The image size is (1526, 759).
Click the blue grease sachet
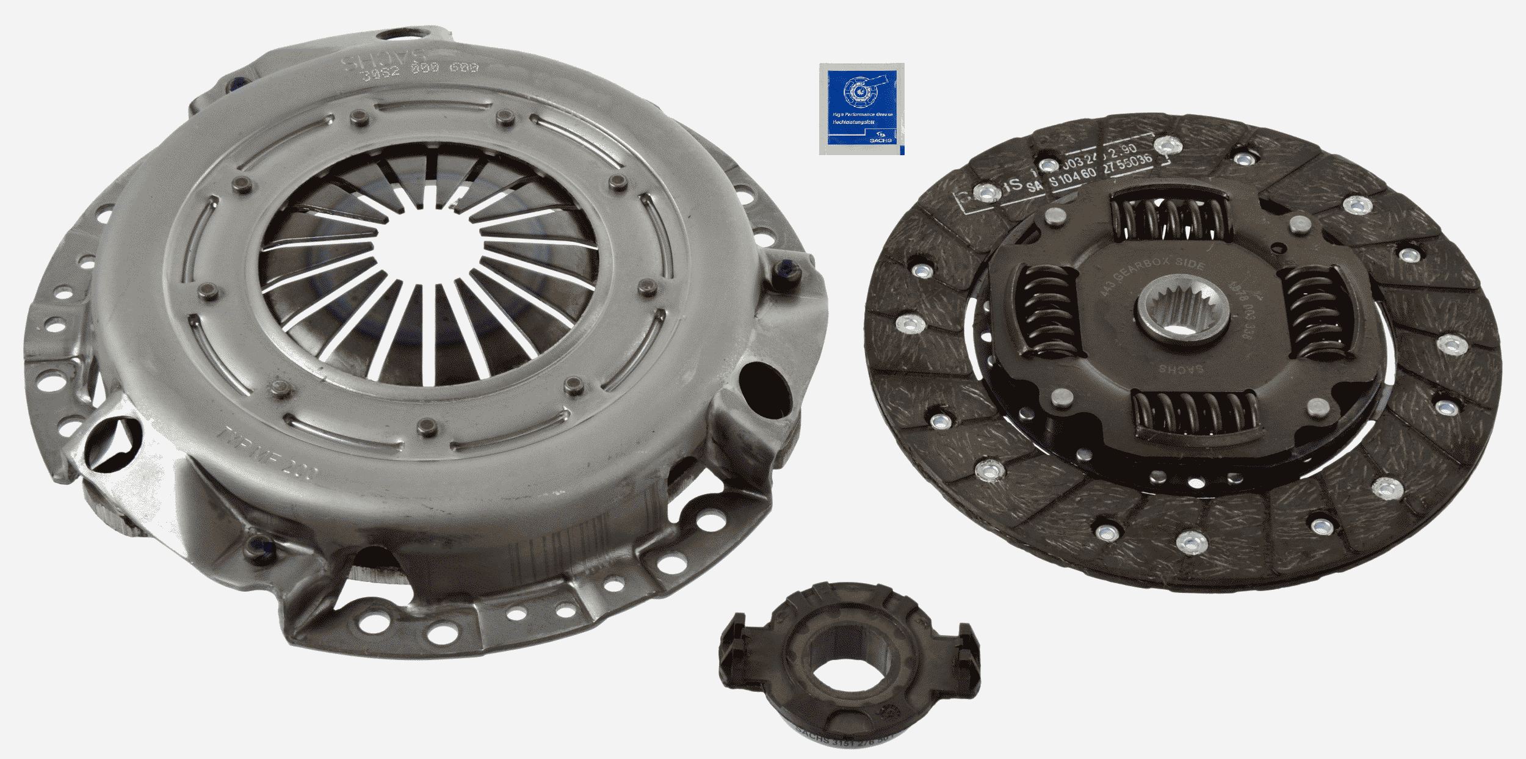coord(861,108)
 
